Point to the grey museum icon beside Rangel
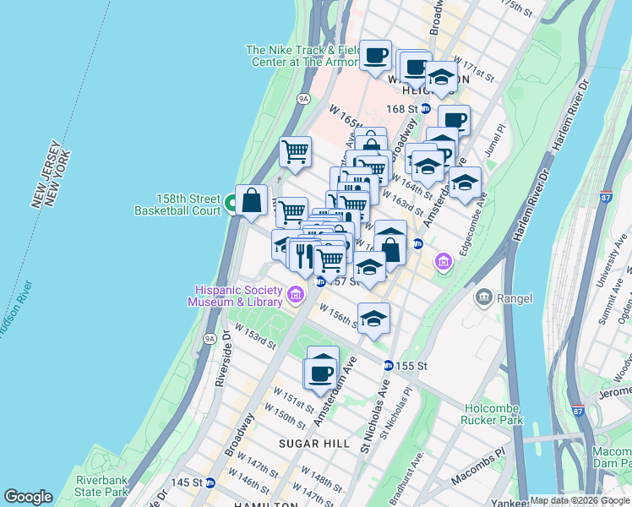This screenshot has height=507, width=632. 483,297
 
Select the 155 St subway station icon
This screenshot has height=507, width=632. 388,366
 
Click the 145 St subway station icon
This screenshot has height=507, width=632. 210,482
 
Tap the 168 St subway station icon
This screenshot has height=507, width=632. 426,109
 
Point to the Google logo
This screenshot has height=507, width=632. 28,497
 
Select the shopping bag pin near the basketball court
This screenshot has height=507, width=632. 251,201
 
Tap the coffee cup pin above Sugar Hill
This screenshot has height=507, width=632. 321,372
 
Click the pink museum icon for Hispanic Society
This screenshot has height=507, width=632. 295,295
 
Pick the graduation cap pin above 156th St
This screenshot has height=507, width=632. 373,319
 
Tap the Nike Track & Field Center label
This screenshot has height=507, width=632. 303,56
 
